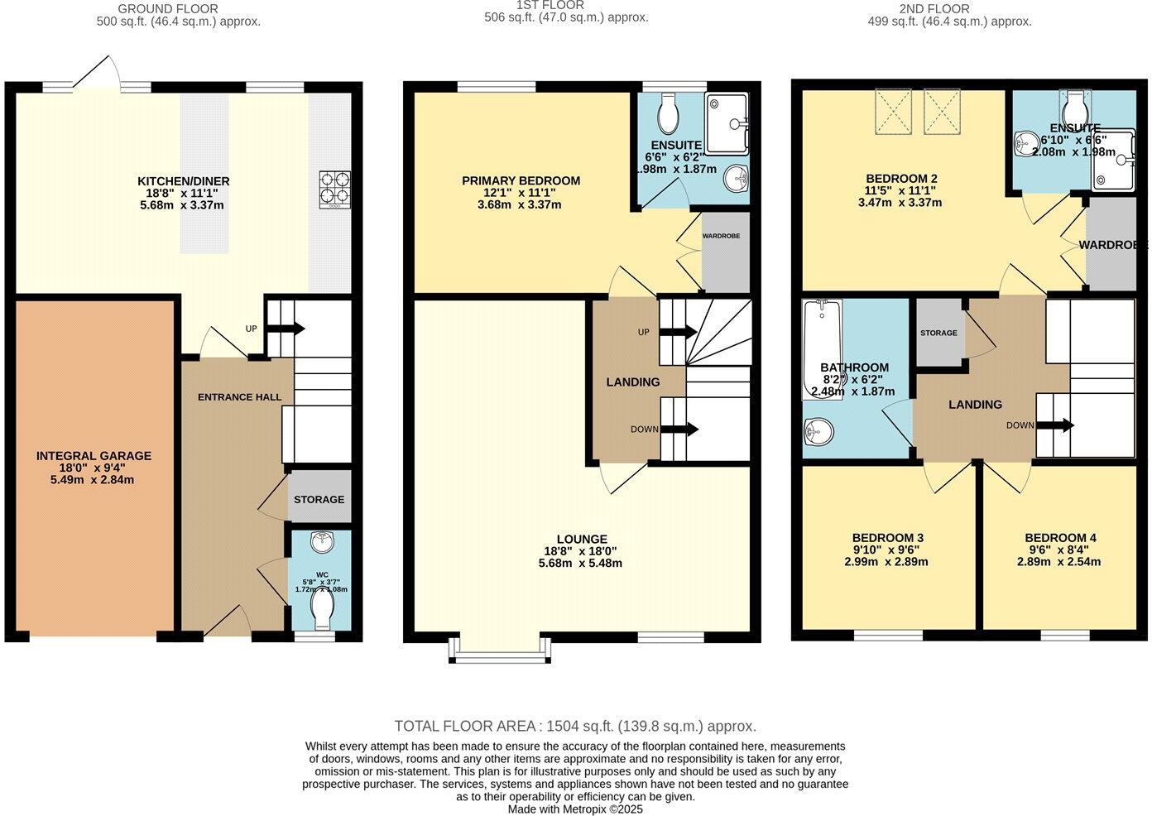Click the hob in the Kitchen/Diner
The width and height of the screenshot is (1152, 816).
coord(334,189)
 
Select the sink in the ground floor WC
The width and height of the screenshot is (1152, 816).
coord(321,543)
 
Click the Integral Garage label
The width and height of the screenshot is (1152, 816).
coord(94,456)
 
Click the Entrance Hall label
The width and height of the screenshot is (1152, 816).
coord(239,397)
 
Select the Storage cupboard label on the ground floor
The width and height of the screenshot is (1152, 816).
coord(319,500)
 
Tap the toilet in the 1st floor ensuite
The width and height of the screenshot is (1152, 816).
coord(668,108)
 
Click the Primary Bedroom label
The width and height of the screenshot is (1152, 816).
coord(521,181)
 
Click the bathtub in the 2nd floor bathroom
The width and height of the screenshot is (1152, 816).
coord(822,348)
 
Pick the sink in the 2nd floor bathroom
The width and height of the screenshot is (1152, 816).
coord(818,431)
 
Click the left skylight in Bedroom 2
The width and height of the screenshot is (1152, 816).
coord(894,111)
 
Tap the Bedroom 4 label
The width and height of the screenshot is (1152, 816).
coord(1059,538)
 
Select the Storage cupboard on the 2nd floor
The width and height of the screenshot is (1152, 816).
coord(938,333)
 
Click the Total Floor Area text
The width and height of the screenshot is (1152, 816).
coord(574,727)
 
